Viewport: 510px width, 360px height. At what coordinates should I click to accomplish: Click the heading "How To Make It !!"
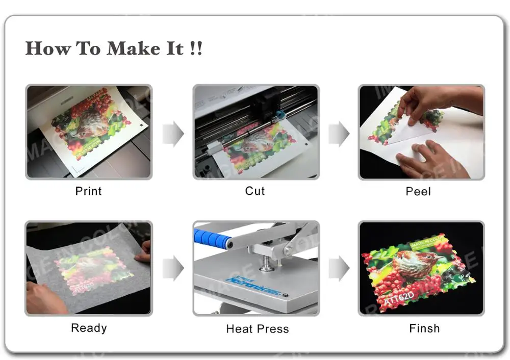[x=114, y=49]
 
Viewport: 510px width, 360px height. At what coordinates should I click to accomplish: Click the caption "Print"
[x=89, y=191]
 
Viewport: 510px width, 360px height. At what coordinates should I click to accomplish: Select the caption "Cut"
[x=255, y=191]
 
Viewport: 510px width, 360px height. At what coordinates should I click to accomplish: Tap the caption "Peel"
[x=418, y=192]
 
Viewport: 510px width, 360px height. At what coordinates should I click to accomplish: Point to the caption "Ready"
[x=89, y=328]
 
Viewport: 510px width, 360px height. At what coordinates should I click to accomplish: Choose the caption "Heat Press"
[x=257, y=329]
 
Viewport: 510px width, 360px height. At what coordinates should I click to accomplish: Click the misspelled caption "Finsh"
[x=424, y=328]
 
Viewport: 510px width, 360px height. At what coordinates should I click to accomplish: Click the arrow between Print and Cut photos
[x=173, y=134]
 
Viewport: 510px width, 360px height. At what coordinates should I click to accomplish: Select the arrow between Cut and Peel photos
[x=339, y=134]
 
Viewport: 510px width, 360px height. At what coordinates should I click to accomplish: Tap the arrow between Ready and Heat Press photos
[x=173, y=268]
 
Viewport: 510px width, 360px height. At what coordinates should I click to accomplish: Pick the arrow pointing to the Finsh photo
[x=339, y=268]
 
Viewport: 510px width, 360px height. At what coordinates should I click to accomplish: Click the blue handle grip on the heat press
[x=210, y=238]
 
